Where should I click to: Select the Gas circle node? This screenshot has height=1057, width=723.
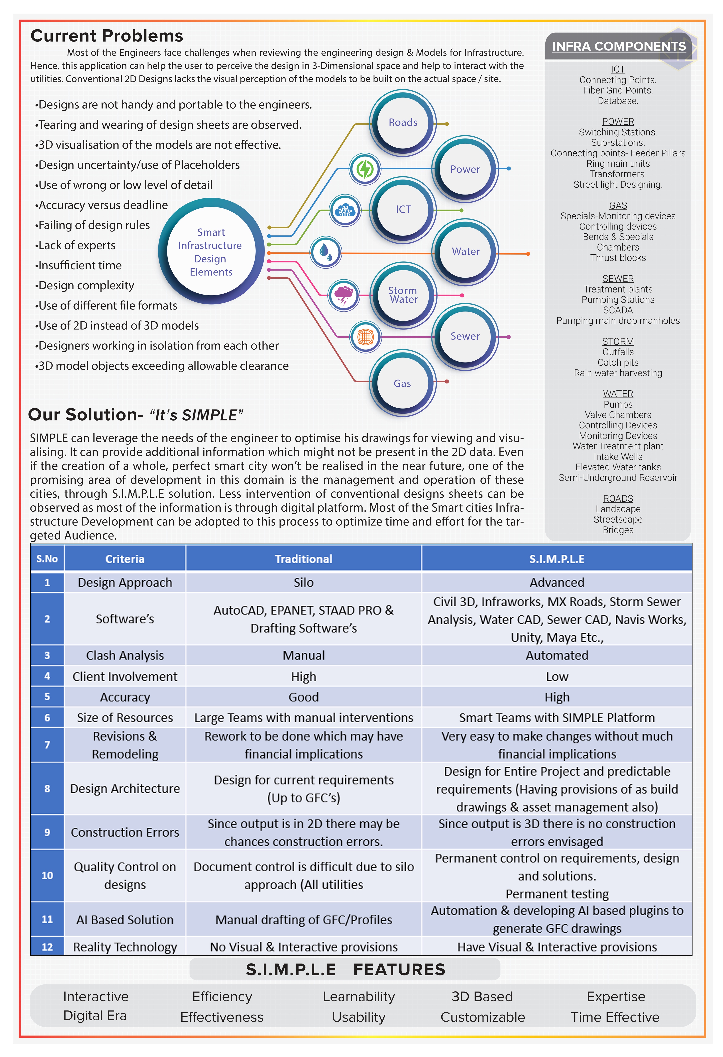point(402,383)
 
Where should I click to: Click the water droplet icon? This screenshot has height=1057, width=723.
point(326,252)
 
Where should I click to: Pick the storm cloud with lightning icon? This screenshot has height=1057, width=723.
point(344,295)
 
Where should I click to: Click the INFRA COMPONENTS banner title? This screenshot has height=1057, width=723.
point(618,46)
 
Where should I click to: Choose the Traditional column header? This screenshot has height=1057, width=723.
point(303,559)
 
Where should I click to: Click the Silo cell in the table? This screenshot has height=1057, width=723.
point(303,583)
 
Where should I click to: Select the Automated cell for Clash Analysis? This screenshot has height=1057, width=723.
point(557,655)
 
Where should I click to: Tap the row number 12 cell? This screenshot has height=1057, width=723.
point(47,947)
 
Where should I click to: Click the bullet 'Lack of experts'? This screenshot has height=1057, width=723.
point(76,246)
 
